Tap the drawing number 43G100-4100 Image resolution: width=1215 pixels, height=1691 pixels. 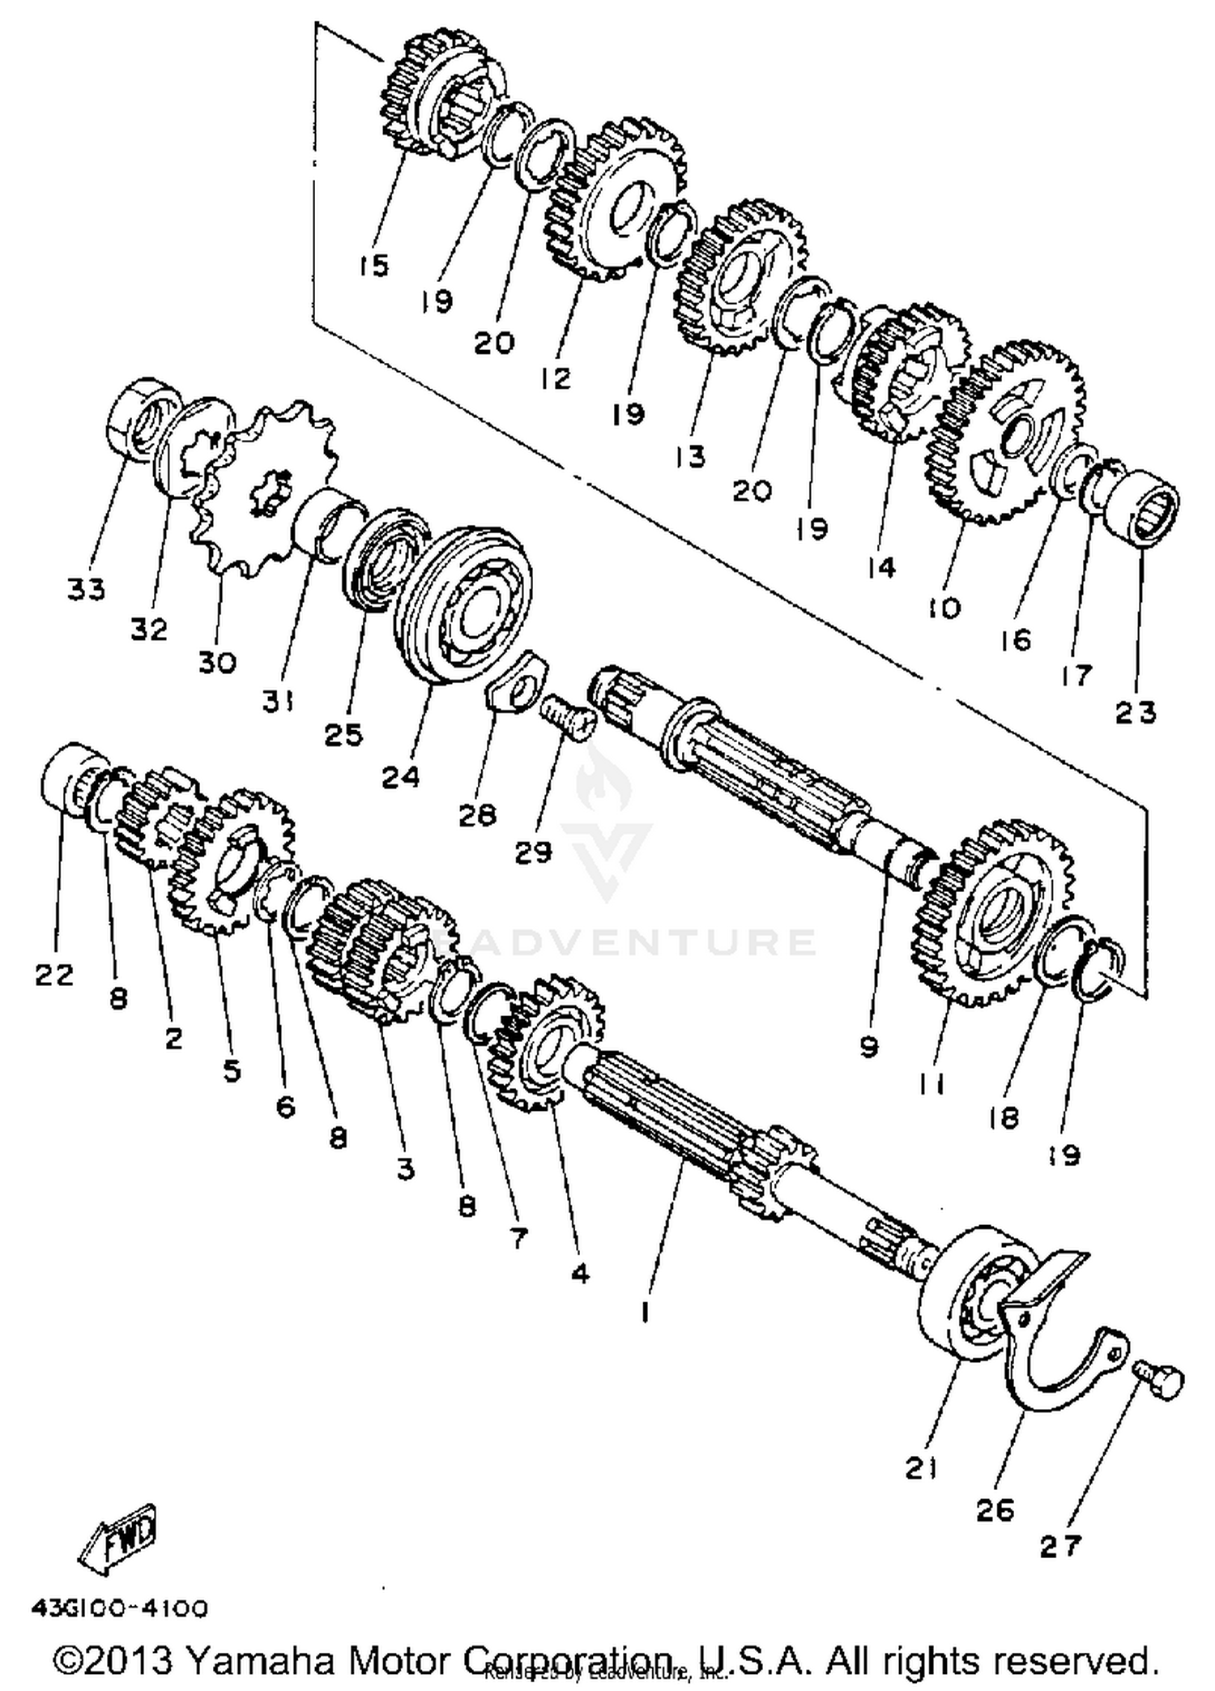click(x=120, y=1608)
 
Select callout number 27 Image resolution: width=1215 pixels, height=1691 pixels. click(x=1060, y=1546)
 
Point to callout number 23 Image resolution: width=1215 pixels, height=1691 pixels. click(x=1136, y=712)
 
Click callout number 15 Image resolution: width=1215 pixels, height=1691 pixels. click(x=373, y=265)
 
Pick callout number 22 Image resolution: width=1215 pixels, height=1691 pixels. click(x=54, y=975)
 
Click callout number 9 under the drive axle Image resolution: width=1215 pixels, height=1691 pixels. click(x=868, y=1048)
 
